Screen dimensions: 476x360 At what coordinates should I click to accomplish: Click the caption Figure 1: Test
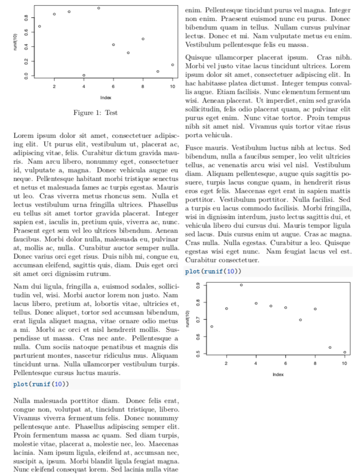click(96, 113)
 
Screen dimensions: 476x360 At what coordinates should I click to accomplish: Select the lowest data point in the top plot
click(84, 75)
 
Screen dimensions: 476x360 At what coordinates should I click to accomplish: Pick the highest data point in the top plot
click(99, 8)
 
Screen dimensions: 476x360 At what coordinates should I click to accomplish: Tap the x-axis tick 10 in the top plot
click(172, 87)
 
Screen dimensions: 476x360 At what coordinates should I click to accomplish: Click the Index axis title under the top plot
click(106, 97)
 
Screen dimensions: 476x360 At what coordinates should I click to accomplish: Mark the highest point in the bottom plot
click(241, 285)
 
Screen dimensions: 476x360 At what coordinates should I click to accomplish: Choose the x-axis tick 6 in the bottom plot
click(286, 364)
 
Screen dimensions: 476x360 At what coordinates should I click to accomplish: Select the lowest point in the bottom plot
click(345, 352)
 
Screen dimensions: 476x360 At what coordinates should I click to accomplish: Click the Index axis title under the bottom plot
click(278, 374)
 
